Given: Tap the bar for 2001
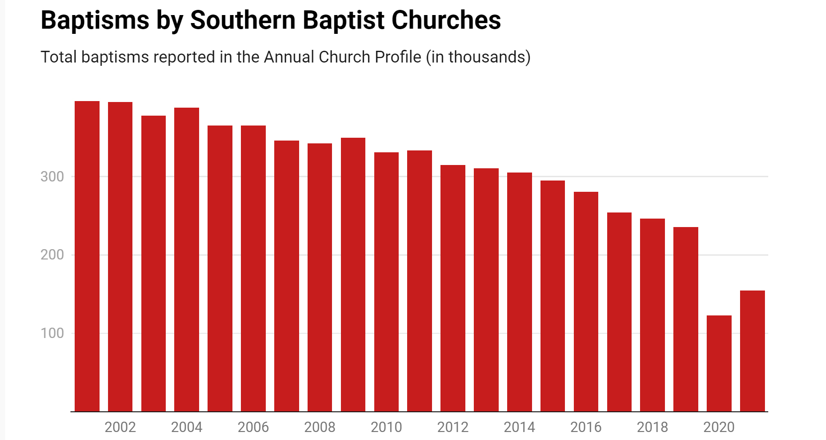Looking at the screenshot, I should pyautogui.click(x=87, y=256).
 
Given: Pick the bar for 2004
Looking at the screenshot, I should pyautogui.click(x=186, y=259).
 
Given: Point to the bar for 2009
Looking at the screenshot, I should pyautogui.click(x=353, y=275).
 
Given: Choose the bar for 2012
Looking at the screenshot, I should pyautogui.click(x=453, y=288).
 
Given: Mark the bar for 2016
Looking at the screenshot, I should pyautogui.click(x=586, y=301).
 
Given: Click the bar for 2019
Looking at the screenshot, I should pyautogui.click(x=686, y=319).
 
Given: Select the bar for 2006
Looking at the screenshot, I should pyautogui.click(x=253, y=268).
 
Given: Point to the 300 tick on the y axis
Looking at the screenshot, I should pyautogui.click(x=52, y=177).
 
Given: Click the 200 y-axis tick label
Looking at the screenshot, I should pyautogui.click(x=52, y=255).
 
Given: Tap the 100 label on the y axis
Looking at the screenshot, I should pyautogui.click(x=52, y=333).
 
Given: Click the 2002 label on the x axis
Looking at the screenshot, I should pyautogui.click(x=120, y=427).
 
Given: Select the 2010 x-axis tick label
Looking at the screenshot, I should pyautogui.click(x=386, y=427).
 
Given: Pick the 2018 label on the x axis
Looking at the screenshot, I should pyautogui.click(x=652, y=427).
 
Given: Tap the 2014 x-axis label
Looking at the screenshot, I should pyautogui.click(x=519, y=427).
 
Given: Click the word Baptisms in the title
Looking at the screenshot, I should pyautogui.click(x=94, y=21).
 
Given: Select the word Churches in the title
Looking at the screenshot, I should pyautogui.click(x=446, y=21).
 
